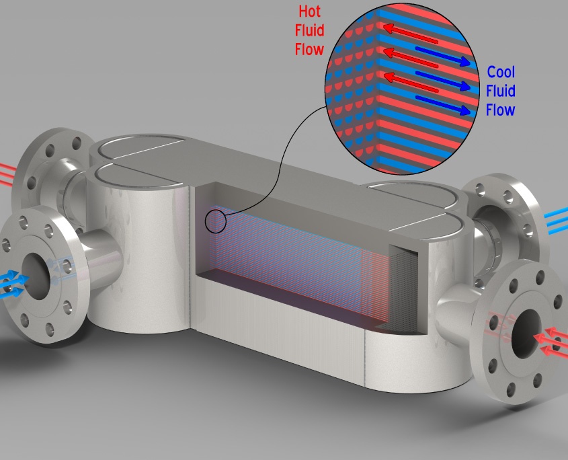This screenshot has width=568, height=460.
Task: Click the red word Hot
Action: point(309,11)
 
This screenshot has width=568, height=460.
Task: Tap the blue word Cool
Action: point(501,72)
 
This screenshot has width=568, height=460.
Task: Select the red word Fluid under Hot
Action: point(309,30)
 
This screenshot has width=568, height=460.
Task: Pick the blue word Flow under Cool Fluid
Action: point(500,110)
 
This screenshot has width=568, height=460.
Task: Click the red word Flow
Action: point(309,49)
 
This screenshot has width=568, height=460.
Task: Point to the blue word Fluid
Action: point(501,91)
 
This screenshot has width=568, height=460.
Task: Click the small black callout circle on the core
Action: point(215,221)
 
